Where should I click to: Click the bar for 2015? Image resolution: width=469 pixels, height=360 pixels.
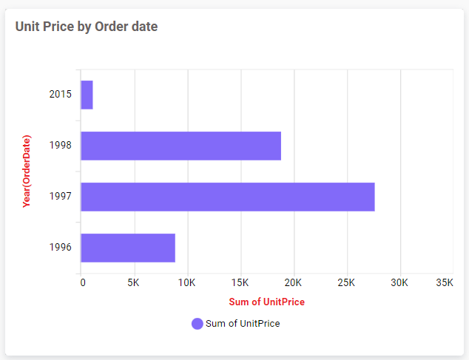87,95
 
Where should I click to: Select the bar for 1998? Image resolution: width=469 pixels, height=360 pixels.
180,146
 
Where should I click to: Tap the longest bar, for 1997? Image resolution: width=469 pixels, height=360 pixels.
227,197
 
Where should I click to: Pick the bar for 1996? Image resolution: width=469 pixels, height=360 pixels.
128,248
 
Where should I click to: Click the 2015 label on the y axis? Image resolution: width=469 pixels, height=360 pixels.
61,95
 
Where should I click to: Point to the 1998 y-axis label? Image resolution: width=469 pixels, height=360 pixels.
61,146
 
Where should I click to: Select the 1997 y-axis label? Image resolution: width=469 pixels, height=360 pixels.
61,197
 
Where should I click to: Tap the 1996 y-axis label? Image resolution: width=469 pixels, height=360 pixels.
61,248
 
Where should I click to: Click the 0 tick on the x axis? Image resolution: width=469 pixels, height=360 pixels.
83,282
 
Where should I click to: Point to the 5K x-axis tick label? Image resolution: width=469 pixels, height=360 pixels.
134,282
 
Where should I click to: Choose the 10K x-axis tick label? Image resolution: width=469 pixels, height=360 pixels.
186,282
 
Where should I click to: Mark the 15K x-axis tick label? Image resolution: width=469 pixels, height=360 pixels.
240,282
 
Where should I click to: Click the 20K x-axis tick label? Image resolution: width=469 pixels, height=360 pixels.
293,282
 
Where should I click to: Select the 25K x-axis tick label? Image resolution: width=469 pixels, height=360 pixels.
346,282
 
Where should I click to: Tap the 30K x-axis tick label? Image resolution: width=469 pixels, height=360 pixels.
399,282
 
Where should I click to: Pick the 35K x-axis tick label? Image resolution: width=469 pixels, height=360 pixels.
445,282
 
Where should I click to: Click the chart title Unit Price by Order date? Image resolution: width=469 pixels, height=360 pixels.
87,27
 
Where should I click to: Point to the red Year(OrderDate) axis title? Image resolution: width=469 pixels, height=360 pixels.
27,171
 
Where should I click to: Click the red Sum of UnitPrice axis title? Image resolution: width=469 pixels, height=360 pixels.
266,302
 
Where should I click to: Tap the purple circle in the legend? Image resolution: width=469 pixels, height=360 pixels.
197,324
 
